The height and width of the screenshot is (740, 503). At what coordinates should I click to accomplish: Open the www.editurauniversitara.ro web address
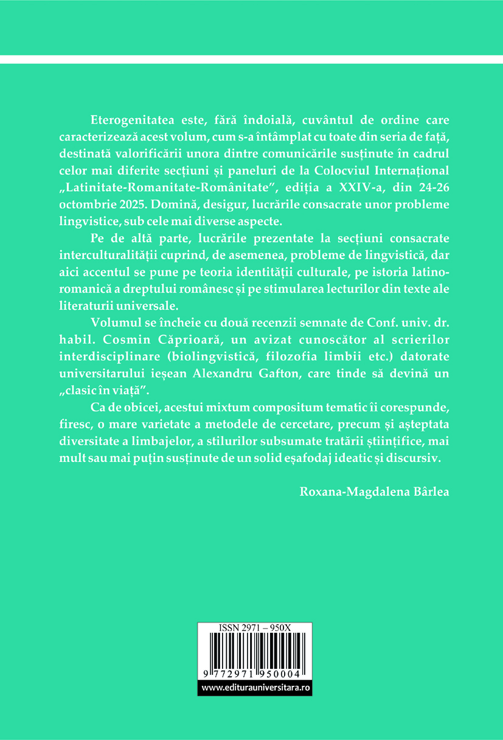(255, 688)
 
